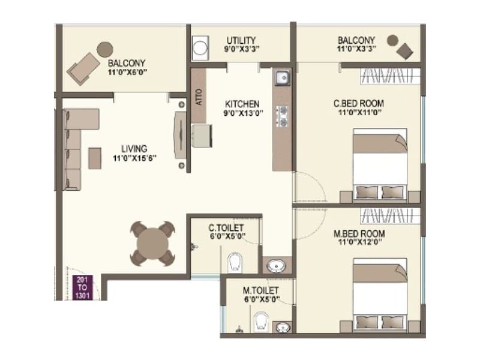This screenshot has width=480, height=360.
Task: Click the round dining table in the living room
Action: point(152,244)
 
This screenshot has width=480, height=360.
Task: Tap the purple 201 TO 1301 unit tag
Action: point(82,287)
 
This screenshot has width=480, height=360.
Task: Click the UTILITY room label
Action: point(241,40)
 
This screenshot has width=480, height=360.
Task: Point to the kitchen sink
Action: point(281,78)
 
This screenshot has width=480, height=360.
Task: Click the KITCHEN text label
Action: point(242,103)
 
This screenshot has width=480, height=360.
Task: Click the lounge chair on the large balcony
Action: point(83,68)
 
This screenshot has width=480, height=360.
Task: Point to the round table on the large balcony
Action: point(105,49)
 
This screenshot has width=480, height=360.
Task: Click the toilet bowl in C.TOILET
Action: point(235,262)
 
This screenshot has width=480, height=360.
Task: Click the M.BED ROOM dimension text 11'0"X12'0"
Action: point(359,243)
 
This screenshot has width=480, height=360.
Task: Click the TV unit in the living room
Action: point(180,135)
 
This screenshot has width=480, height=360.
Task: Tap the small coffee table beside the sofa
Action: point(95,157)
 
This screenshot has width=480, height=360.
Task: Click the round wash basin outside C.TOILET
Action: point(277,266)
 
